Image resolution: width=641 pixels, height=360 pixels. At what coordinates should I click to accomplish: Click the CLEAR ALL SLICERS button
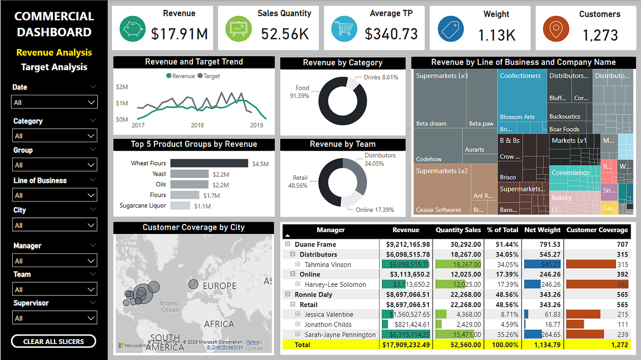[x=53, y=341]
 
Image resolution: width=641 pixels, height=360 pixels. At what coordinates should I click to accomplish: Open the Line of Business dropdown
[x=54, y=195]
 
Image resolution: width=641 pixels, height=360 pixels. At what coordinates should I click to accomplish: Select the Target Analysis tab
[x=54, y=67]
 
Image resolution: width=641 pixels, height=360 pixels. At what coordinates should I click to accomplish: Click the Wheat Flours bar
[x=209, y=163]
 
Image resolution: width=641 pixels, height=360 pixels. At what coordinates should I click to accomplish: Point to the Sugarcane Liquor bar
[x=180, y=206]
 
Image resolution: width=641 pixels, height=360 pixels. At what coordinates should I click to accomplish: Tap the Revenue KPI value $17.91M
[x=179, y=34]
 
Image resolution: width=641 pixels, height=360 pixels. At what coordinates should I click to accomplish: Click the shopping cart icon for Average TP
[x=344, y=29]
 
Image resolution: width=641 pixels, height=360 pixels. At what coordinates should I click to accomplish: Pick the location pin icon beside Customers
[x=556, y=29]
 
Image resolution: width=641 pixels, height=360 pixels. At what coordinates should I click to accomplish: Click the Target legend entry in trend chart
[x=209, y=76]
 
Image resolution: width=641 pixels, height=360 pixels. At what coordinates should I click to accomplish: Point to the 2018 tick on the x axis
[x=197, y=125]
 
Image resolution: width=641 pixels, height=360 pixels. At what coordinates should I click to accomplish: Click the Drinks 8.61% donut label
[x=380, y=77]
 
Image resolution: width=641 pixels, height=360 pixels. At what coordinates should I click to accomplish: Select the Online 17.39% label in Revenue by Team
[x=374, y=209]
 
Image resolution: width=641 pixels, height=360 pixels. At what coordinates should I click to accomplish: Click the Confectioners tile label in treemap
[x=520, y=76]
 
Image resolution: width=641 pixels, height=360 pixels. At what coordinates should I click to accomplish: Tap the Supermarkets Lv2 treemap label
[x=442, y=171]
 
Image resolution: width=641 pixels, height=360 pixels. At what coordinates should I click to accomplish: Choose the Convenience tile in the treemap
[x=571, y=173]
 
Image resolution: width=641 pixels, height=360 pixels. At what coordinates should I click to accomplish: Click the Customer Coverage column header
[x=597, y=230]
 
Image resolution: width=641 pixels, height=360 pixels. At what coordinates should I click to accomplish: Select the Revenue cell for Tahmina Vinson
[x=406, y=265]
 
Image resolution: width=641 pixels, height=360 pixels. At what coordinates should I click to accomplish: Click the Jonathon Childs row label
[x=328, y=325]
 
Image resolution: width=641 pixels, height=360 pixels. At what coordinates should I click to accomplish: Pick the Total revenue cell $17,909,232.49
[x=406, y=345]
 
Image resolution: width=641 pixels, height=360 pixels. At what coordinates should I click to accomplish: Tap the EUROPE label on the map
[x=219, y=286]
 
